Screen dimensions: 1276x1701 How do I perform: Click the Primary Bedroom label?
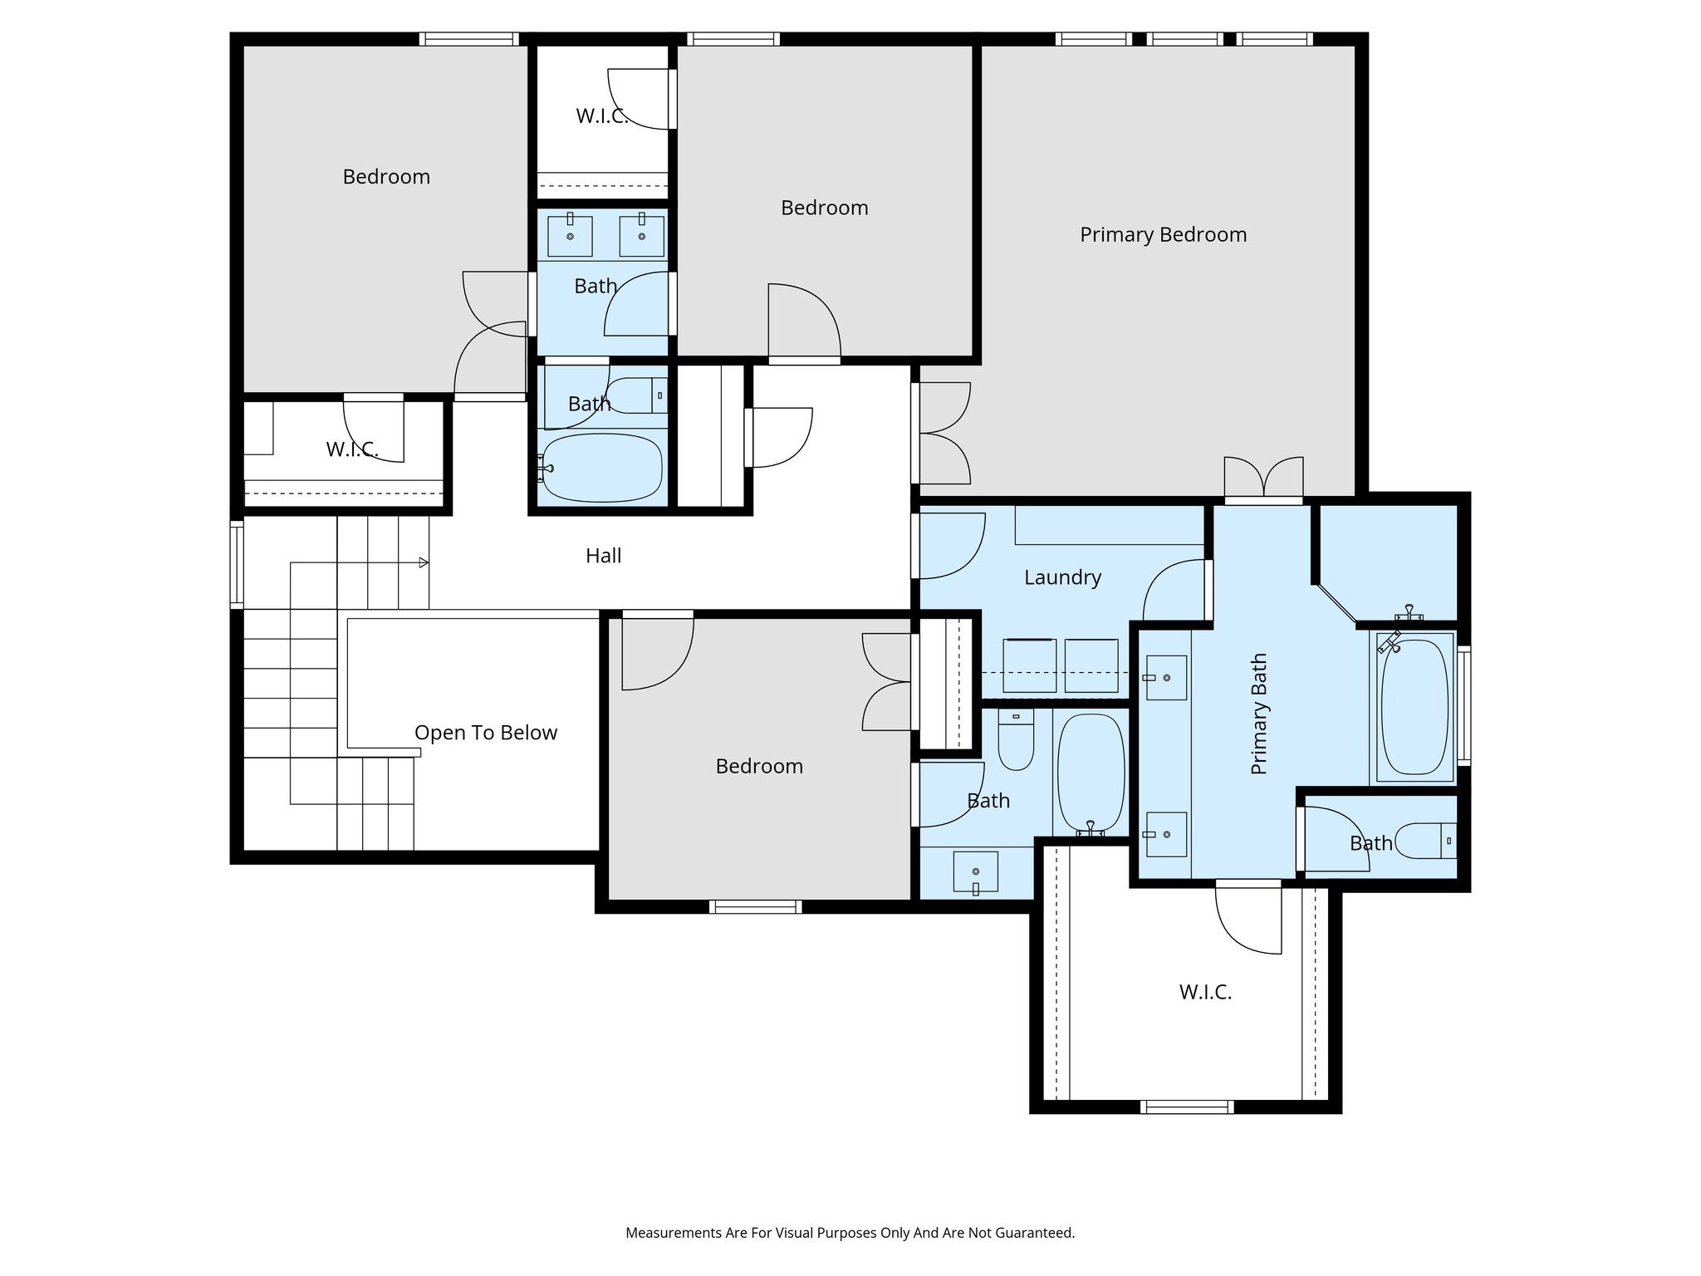(1163, 235)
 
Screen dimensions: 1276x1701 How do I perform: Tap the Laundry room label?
(1062, 577)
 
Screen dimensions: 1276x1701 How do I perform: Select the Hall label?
(603, 556)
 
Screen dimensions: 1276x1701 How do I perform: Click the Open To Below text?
(486, 733)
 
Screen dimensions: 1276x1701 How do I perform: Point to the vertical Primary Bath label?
(1259, 714)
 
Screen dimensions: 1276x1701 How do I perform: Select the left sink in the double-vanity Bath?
(570, 236)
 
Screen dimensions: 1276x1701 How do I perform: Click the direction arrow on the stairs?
(423, 562)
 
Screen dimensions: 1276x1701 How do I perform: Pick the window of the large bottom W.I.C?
(1186, 1107)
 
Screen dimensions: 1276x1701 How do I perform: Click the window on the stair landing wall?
(237, 565)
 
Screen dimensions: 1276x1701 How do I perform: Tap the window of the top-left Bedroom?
(468, 39)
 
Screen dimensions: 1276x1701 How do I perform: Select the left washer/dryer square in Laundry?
(1030, 665)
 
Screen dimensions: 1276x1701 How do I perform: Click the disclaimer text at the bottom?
(850, 1233)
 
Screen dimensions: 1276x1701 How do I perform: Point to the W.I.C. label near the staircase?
(352, 449)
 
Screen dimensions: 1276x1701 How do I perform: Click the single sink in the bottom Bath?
(976, 871)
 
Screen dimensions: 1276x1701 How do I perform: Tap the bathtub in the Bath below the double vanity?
(601, 468)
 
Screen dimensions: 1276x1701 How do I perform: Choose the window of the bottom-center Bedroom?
(755, 907)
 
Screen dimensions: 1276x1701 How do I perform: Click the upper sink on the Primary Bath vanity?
(1165, 678)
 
